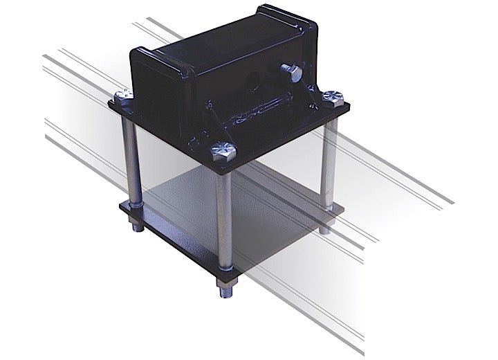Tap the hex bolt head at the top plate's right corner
(333, 97)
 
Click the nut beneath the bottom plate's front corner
(225, 286)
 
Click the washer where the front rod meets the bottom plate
(225, 271)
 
